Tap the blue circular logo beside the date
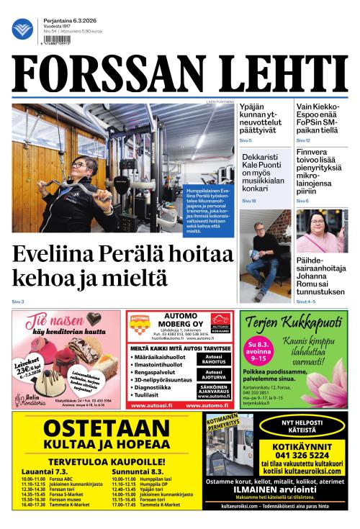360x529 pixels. click(x=22, y=30)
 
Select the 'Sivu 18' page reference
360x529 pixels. click(x=248, y=201)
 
